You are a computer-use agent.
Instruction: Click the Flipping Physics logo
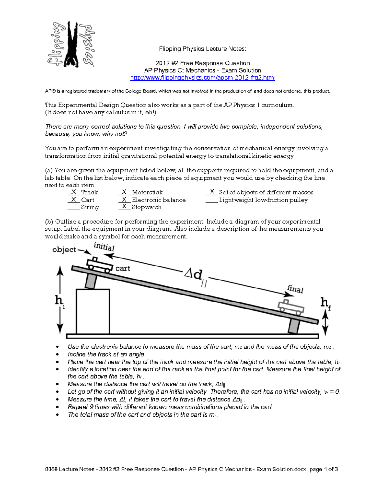[71, 44]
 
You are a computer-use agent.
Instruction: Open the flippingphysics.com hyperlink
[202, 78]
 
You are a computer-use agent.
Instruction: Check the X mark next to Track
[74, 192]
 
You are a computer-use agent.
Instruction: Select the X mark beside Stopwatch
[124, 207]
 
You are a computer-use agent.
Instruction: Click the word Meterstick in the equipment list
[147, 192]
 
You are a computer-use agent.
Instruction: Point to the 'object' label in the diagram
[64, 250]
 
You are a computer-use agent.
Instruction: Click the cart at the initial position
[99, 265]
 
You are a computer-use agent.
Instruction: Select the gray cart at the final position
[291, 306]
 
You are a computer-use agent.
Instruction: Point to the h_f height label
[325, 303]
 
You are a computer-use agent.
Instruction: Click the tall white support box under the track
[93, 311]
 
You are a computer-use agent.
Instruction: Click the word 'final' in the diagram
[295, 289]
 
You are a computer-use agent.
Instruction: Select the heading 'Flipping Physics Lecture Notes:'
[203, 49]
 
